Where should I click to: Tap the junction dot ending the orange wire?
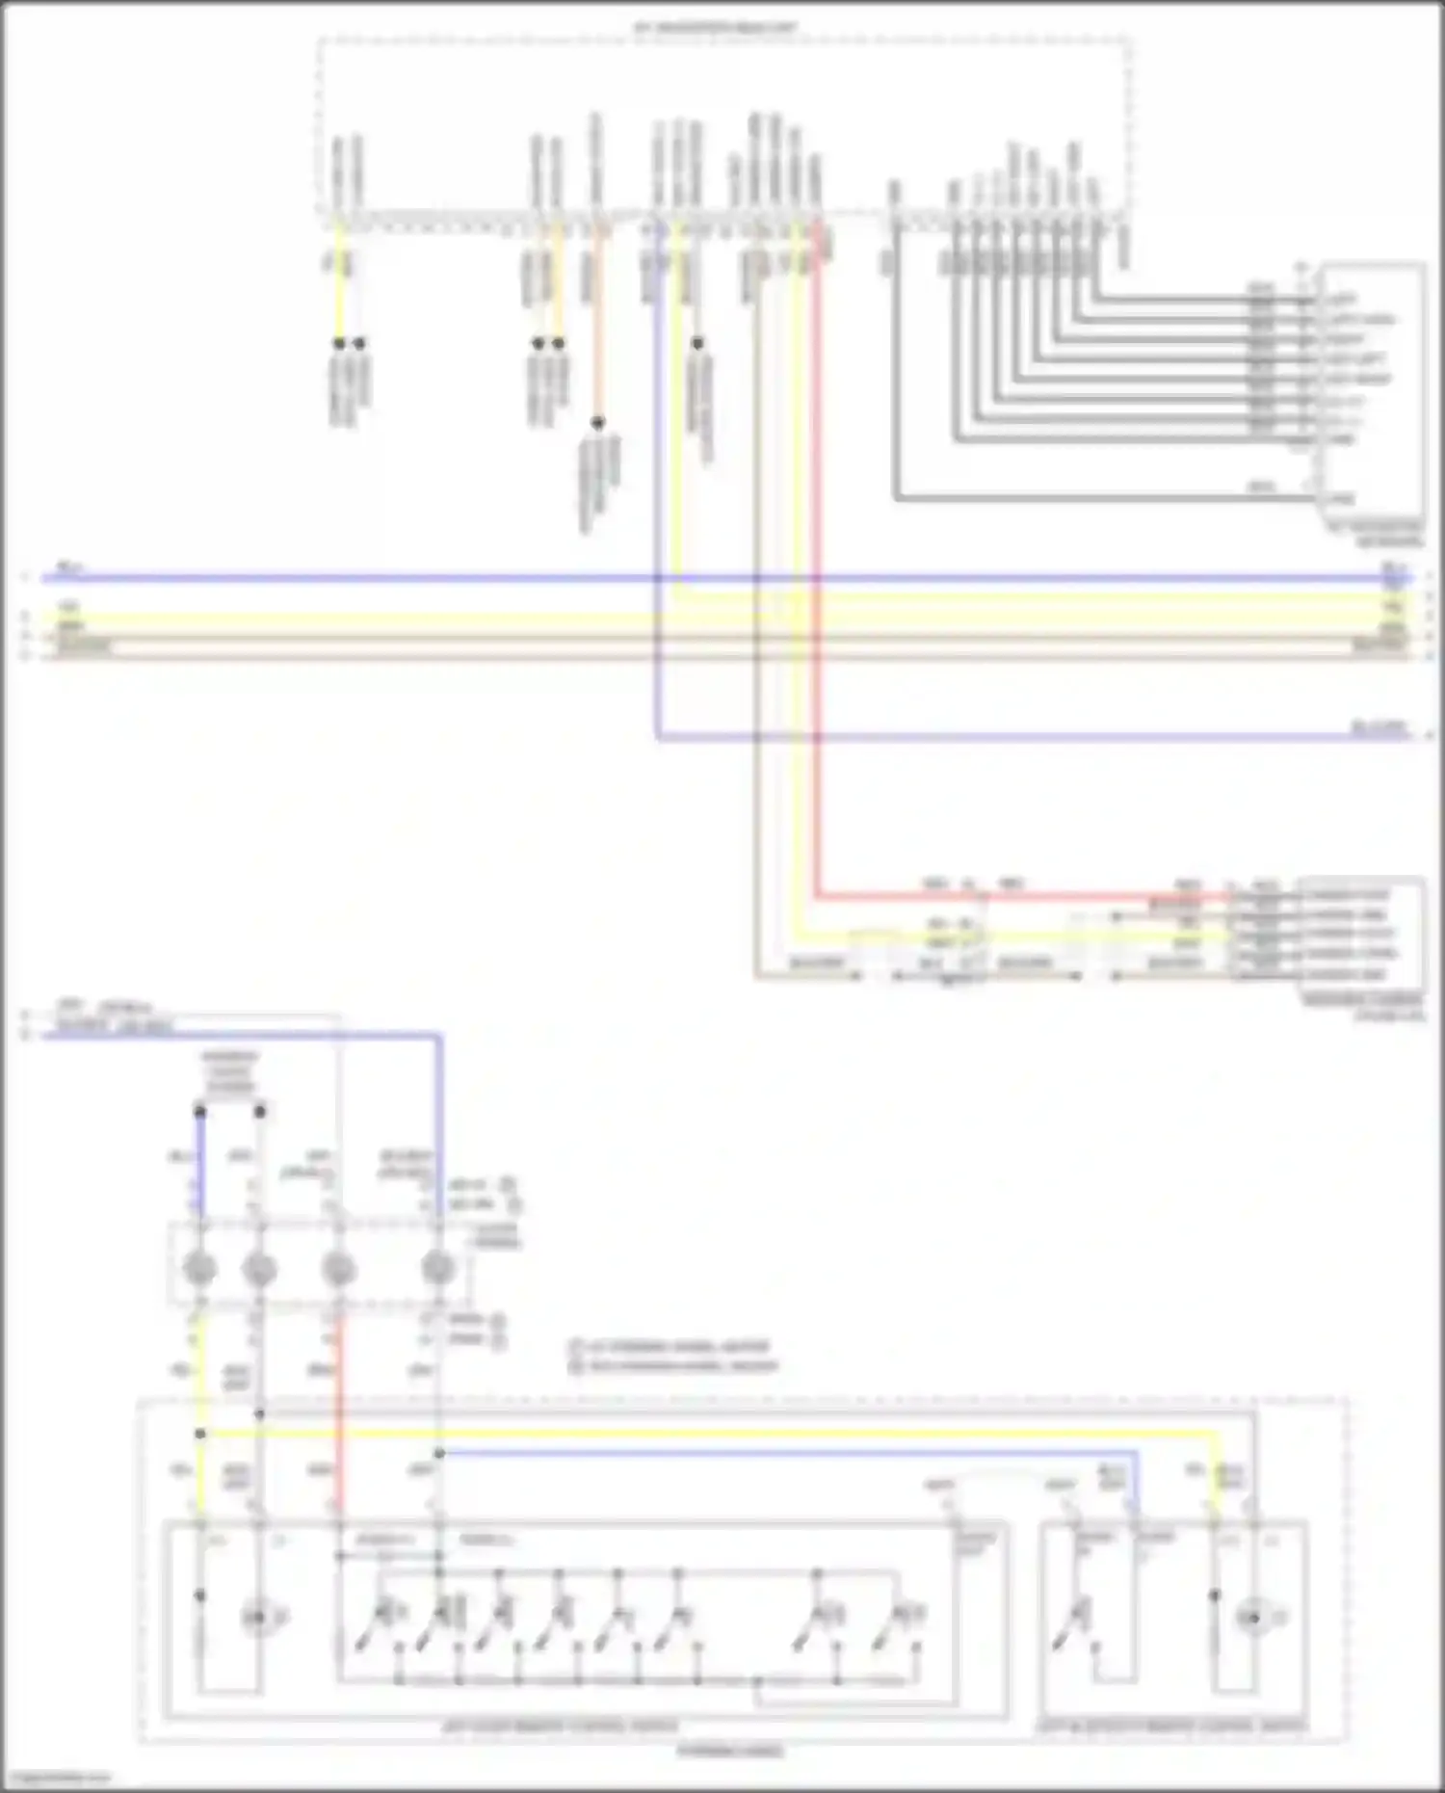598,423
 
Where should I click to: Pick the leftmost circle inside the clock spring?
199,1269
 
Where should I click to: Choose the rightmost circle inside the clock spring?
438,1269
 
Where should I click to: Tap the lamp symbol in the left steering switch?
257,1618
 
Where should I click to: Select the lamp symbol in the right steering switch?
1252,1618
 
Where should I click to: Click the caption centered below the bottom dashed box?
730,1751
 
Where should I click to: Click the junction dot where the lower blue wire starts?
439,1453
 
